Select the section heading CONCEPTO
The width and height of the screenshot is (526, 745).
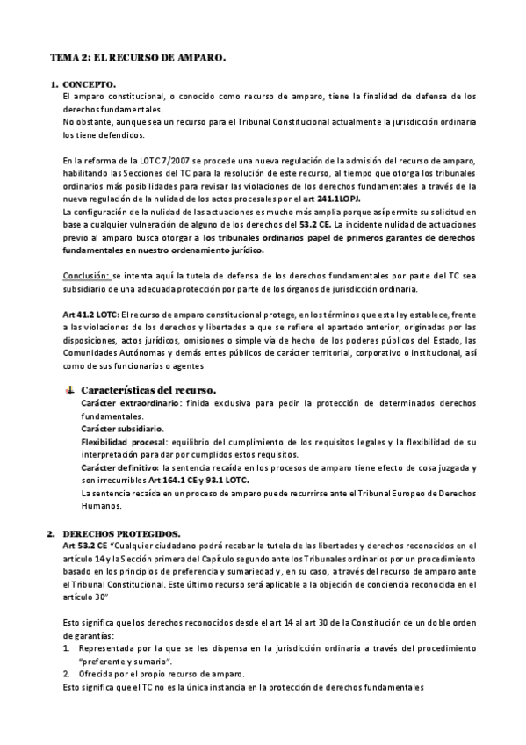click(90, 84)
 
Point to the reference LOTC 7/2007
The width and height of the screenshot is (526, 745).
click(153, 161)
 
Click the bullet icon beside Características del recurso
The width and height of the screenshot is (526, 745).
click(70, 388)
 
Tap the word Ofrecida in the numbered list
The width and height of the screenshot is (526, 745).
click(97, 674)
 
